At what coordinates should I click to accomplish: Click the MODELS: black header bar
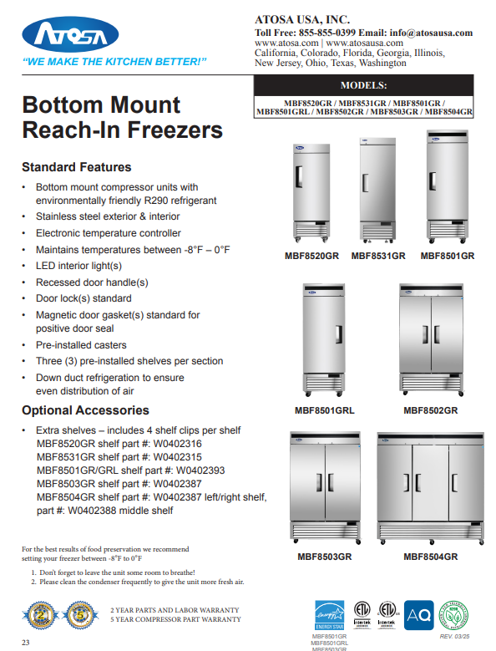click(363, 85)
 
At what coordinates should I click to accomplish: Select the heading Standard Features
click(76, 167)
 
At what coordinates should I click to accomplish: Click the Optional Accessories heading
click(85, 410)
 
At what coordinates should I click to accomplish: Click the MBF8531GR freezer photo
click(377, 189)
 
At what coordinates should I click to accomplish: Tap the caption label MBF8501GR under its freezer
click(447, 256)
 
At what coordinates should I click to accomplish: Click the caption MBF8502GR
click(430, 410)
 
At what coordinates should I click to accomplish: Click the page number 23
click(26, 642)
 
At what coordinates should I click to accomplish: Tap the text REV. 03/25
click(456, 637)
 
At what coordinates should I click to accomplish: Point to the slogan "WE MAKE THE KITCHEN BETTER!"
click(114, 62)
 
